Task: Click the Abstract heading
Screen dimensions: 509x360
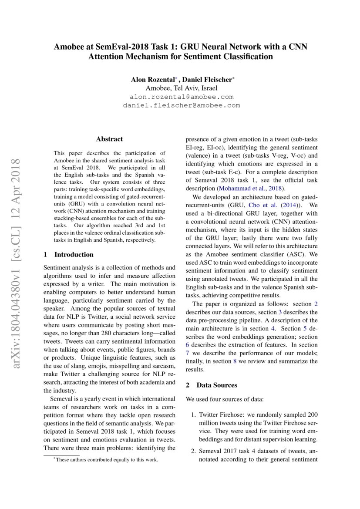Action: [x=109, y=139]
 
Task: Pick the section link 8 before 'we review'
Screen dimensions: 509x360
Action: [x=235, y=361]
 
